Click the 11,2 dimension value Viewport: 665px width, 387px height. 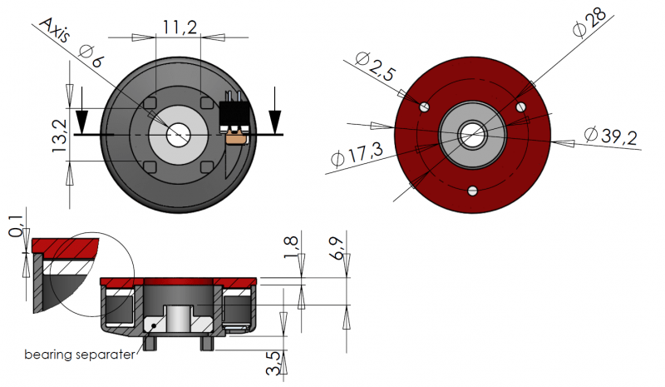pyautogui.click(x=179, y=27)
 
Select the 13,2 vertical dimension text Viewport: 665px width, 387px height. pyautogui.click(x=59, y=136)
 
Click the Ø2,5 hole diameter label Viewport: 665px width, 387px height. pyautogui.click(x=375, y=66)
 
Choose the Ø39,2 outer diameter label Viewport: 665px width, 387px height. pyautogui.click(x=610, y=136)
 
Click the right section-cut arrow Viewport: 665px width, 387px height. pyautogui.click(x=275, y=119)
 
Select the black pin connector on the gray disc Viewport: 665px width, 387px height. pyautogui.click(x=234, y=117)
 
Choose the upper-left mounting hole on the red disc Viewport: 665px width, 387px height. pyautogui.click(x=425, y=106)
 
